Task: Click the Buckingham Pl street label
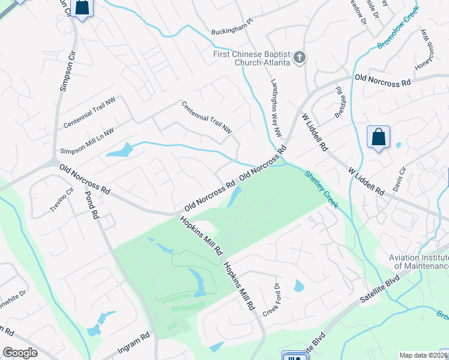233,30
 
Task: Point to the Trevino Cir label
61,200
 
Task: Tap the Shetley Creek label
321,189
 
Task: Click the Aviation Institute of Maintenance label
418,262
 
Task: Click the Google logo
20,353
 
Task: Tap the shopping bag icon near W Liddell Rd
379,137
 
